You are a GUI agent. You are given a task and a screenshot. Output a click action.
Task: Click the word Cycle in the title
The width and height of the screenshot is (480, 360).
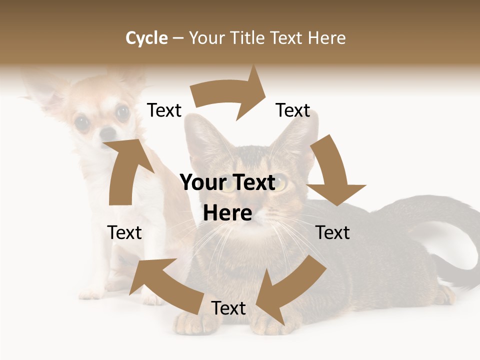click(x=146, y=38)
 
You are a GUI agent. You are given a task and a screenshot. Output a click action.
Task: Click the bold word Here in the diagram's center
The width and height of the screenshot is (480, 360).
click(x=227, y=213)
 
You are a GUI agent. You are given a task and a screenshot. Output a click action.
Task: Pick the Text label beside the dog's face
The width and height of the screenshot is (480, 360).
click(x=164, y=110)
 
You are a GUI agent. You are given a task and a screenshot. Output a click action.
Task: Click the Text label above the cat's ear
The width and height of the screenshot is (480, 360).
click(x=293, y=110)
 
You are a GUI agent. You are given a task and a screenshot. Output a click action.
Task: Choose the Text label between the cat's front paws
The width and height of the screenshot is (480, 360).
click(x=228, y=308)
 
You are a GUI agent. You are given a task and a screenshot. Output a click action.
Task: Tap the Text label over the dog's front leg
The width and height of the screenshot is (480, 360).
click(x=124, y=232)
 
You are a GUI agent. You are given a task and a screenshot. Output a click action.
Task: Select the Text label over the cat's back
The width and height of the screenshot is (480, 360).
click(x=333, y=232)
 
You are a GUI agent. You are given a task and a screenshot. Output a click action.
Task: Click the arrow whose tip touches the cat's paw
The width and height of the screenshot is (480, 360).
click(x=290, y=290)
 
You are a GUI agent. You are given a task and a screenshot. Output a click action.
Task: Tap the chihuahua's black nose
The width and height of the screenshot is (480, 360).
click(x=107, y=133)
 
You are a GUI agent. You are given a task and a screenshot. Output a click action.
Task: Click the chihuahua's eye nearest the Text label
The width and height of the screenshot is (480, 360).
click(x=122, y=112)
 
